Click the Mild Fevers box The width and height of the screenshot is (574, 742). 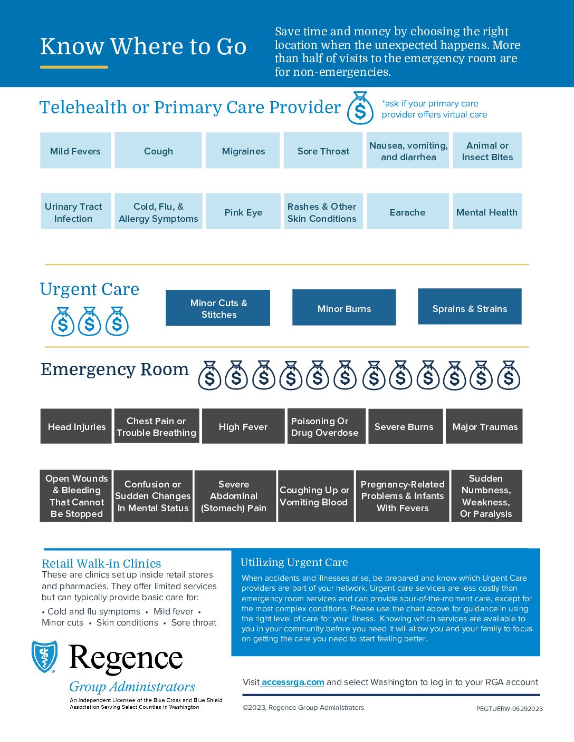[x=75, y=151]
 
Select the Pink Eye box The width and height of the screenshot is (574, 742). [x=243, y=212]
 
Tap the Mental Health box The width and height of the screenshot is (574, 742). [x=486, y=212]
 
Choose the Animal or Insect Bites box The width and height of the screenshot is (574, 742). [x=487, y=151]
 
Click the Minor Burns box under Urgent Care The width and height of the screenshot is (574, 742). [x=344, y=308]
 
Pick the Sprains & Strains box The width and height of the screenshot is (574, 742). [x=470, y=308]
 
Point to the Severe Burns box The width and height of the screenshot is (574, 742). [x=404, y=426]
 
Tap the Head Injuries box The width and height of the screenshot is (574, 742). [x=76, y=426]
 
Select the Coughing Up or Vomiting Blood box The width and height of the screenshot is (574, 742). [x=314, y=496]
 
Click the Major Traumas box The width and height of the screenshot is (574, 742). [x=485, y=426]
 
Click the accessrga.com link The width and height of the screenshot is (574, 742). [x=293, y=682]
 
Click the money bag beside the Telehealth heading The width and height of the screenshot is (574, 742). [x=360, y=109]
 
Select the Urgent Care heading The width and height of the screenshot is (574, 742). [x=90, y=289]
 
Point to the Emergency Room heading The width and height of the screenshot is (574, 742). [x=114, y=369]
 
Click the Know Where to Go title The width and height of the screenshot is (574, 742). [x=143, y=46]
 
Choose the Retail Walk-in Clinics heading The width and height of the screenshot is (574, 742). [x=101, y=563]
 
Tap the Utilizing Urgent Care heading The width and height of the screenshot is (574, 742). [x=294, y=562]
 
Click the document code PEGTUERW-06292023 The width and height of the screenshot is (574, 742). [x=509, y=709]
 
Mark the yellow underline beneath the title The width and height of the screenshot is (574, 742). [x=74, y=67]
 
